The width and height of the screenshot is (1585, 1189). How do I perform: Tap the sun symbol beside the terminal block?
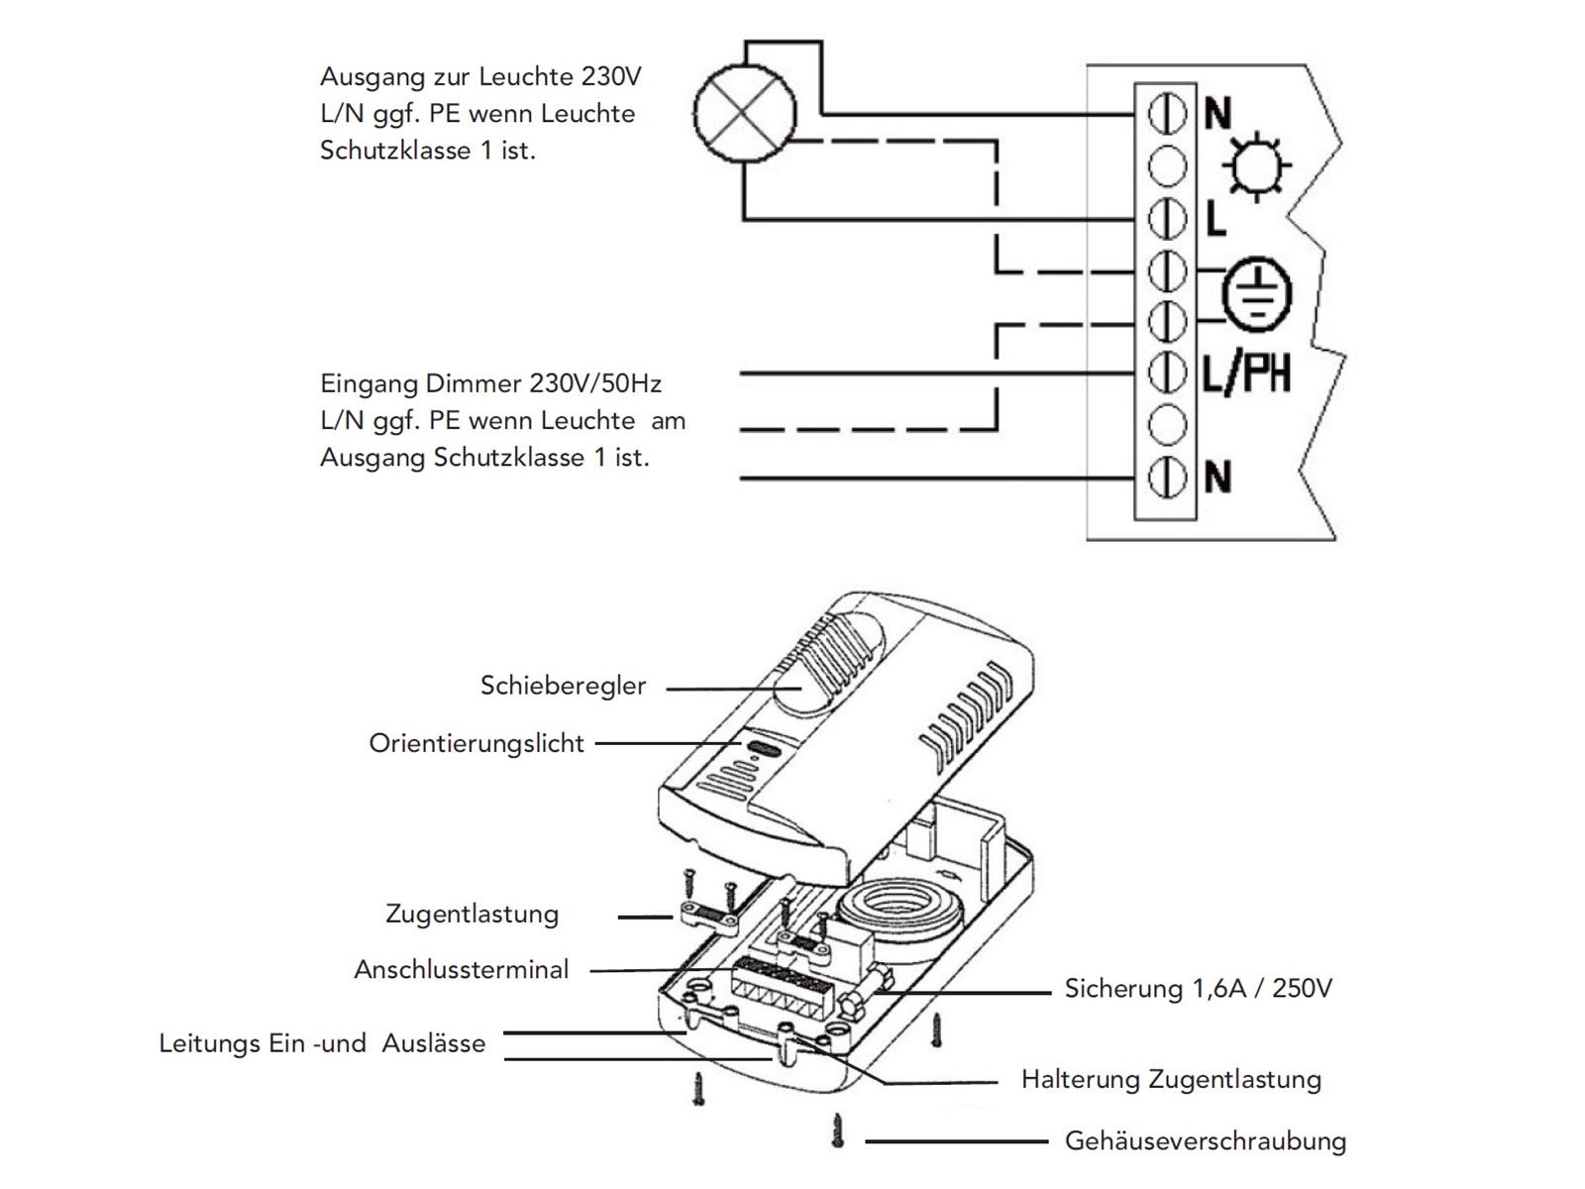tap(1255, 165)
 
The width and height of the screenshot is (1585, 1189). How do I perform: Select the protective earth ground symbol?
tap(1256, 295)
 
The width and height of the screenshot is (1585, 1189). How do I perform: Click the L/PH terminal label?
tap(1246, 374)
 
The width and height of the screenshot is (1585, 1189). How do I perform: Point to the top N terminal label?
tap(1217, 114)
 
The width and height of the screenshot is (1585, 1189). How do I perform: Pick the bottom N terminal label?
tap(1217, 479)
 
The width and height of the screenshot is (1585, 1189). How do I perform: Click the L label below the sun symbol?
tap(1215, 219)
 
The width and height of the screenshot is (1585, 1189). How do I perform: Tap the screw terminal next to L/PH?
tap(1167, 374)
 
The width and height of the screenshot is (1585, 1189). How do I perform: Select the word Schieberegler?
tap(563, 686)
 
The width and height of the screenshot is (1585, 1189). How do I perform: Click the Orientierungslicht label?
tap(476, 743)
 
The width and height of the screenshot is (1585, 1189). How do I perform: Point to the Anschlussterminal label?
tap(462, 969)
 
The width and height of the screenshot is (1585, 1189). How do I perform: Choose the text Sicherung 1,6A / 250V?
tap(1198, 988)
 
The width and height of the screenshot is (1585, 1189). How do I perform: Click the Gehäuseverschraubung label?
tap(1205, 1141)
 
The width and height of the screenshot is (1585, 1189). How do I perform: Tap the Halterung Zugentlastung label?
tap(1171, 1079)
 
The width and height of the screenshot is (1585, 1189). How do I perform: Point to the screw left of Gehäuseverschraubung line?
tap(838, 1131)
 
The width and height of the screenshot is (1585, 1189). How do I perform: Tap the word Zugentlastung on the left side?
tap(472, 914)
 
